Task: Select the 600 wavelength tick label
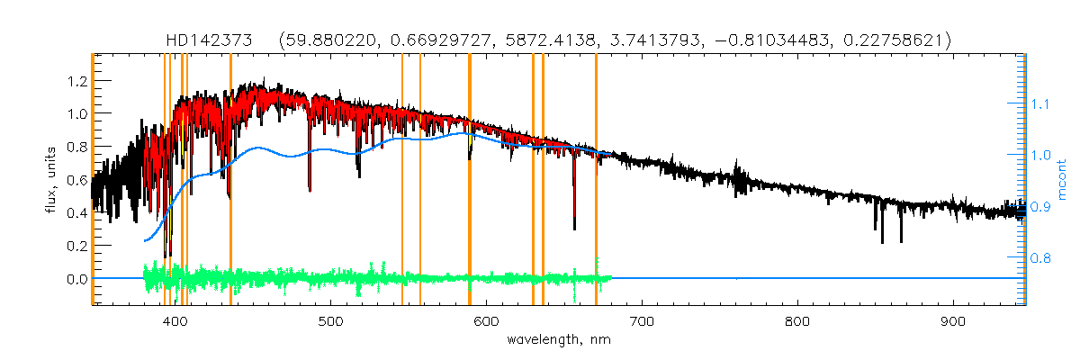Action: click(x=487, y=320)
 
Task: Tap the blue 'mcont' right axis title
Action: click(x=1063, y=179)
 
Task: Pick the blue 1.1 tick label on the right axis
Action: click(x=1044, y=104)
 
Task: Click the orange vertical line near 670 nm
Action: click(x=596, y=180)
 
